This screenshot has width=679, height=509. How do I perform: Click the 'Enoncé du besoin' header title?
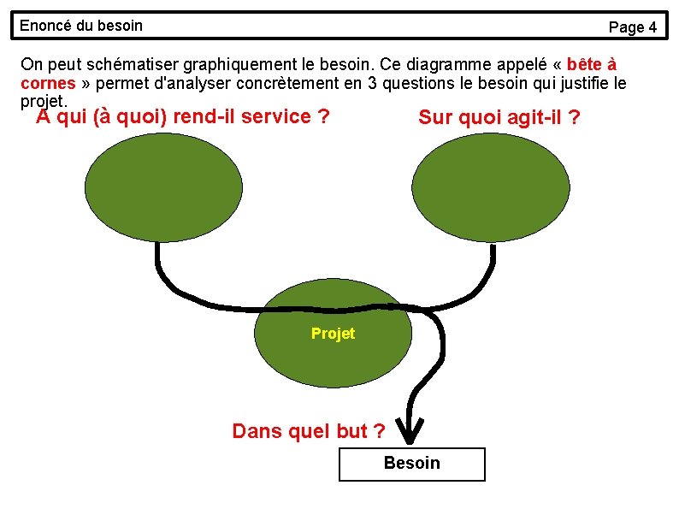[81, 26]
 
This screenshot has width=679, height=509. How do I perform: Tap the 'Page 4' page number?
[632, 27]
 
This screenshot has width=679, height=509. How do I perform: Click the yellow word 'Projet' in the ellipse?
[333, 334]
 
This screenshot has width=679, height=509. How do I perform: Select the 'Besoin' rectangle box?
[411, 464]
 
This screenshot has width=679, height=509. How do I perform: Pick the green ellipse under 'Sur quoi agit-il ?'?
[491, 187]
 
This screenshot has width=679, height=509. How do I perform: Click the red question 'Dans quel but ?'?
[308, 431]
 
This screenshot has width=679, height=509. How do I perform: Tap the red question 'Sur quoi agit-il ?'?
[499, 117]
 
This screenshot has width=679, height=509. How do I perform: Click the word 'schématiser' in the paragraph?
[129, 64]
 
